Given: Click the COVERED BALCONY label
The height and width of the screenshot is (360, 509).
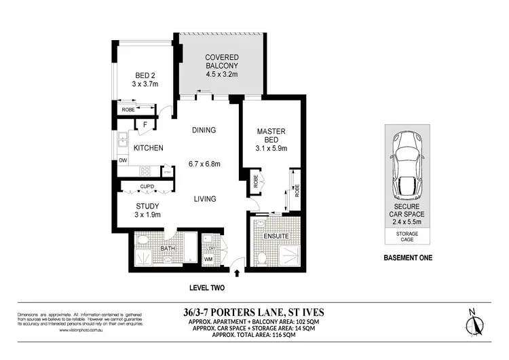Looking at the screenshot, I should point(220,60).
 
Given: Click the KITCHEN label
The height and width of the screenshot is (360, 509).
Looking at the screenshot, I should point(148,148).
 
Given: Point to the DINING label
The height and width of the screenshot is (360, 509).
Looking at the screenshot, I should point(204,130).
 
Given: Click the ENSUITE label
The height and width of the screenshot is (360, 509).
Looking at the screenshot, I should point(276,236).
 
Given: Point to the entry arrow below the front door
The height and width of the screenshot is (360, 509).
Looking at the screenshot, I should point(237,274).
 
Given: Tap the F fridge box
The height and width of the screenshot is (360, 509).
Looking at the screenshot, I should point(145,124).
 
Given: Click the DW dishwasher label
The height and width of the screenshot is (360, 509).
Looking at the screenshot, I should point(123,160).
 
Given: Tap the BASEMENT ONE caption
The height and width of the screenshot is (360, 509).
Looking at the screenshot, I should point(408,258).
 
